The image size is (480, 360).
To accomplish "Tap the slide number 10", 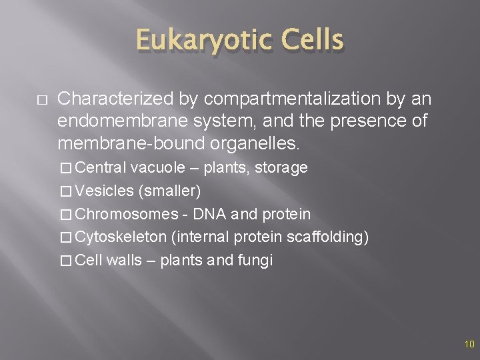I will click(469, 345).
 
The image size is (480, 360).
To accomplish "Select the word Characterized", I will click(116, 99).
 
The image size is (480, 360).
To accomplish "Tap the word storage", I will click(283, 167).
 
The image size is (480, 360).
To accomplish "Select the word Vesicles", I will click(105, 191).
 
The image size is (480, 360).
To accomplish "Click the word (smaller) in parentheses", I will click(169, 191).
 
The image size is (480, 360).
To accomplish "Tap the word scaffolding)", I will click(331, 237).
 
